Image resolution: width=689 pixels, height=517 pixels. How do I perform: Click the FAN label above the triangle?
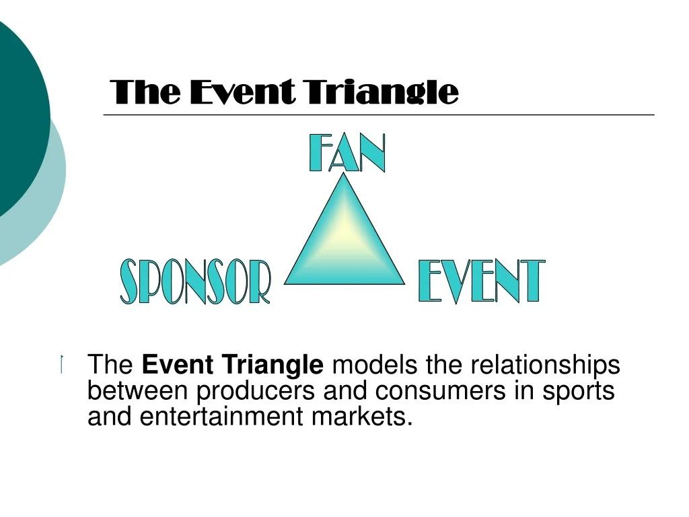(347, 153)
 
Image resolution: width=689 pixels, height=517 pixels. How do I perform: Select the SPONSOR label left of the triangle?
(196, 281)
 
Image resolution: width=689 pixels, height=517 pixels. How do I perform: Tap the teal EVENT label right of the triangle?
(482, 281)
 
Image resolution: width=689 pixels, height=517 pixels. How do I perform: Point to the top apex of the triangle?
(343, 173)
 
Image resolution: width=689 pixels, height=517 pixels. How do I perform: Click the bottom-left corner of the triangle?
(285, 284)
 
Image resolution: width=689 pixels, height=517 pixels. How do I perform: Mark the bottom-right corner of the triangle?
(404, 284)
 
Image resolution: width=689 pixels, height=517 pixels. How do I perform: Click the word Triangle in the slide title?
(382, 92)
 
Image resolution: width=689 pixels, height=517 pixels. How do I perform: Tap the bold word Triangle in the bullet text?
(273, 364)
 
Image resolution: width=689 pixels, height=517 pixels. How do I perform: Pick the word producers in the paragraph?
(255, 391)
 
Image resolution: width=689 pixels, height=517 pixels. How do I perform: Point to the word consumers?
(440, 391)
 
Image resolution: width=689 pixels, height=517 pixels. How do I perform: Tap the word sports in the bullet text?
(578, 391)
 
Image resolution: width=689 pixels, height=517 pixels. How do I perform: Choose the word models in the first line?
(374, 364)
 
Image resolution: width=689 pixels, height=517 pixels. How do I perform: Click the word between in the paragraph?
(137, 390)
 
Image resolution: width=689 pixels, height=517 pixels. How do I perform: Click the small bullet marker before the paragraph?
(62, 364)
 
